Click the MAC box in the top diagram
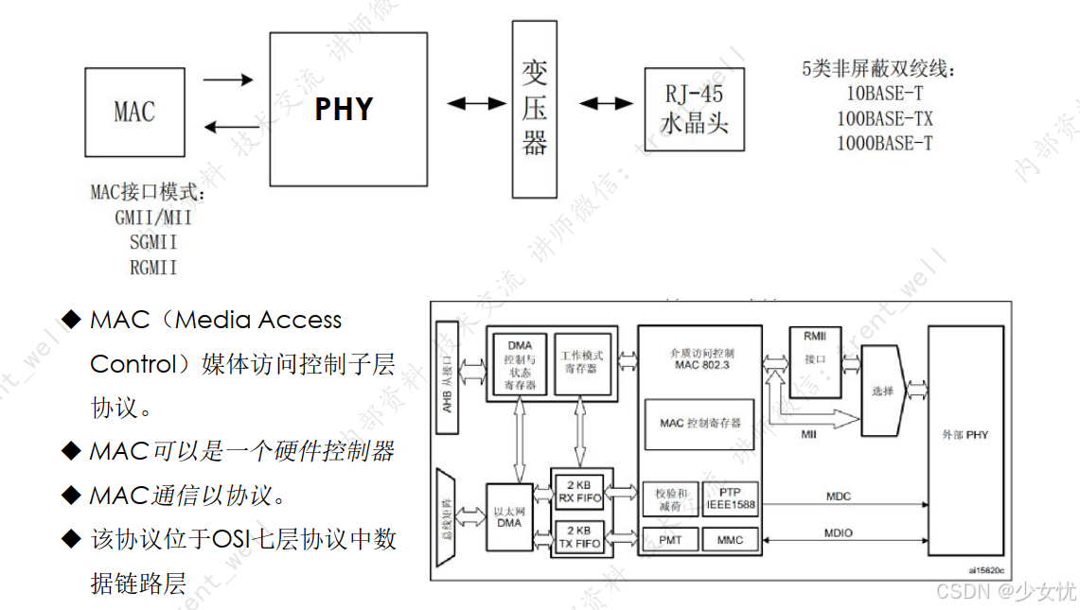pyautogui.click(x=133, y=112)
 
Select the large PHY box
pyautogui.click(x=344, y=109)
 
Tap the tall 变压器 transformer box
pyautogui.click(x=535, y=109)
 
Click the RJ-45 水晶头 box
pyautogui.click(x=694, y=109)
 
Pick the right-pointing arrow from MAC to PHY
pyautogui.click(x=228, y=80)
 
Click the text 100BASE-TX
pyautogui.click(x=884, y=119)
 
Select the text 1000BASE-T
pyautogui.click(x=884, y=144)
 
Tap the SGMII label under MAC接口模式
pyautogui.click(x=153, y=242)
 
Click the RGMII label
pyautogui.click(x=153, y=268)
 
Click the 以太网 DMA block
pyautogui.click(x=509, y=516)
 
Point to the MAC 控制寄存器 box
pyautogui.click(x=700, y=423)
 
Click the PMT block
pyautogui.click(x=669, y=540)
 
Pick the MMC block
pyautogui.click(x=731, y=540)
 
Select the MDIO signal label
pyautogui.click(x=839, y=533)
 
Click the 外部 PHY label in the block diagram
pyautogui.click(x=965, y=434)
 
